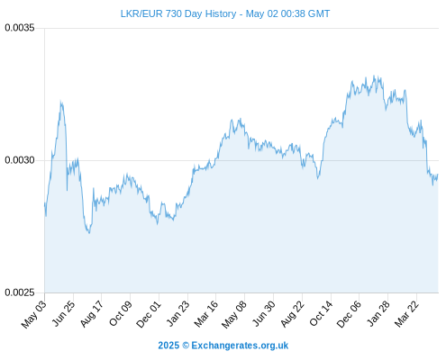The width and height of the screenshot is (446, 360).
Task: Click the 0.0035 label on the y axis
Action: (x=20, y=28)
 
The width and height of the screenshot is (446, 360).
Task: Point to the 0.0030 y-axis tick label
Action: (x=20, y=160)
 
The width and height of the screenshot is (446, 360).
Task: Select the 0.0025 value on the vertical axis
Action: (x=20, y=292)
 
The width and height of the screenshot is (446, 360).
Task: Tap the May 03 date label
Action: (x=34, y=313)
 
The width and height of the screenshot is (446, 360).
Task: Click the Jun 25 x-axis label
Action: (x=64, y=313)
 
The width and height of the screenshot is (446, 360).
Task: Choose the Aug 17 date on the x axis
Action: (x=92, y=313)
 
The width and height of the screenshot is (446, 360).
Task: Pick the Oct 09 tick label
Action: (x=121, y=313)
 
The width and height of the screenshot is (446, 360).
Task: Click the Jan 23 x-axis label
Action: (x=178, y=313)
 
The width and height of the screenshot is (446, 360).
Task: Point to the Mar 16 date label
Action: (x=206, y=313)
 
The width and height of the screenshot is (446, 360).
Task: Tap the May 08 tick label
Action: (x=234, y=314)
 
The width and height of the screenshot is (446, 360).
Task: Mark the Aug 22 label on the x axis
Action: (x=293, y=313)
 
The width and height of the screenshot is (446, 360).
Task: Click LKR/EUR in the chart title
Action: (x=141, y=13)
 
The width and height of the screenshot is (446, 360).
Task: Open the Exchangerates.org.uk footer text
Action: (x=240, y=346)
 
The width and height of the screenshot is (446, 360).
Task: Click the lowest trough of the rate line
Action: (x=89, y=233)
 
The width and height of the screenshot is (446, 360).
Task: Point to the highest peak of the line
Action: (x=374, y=76)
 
